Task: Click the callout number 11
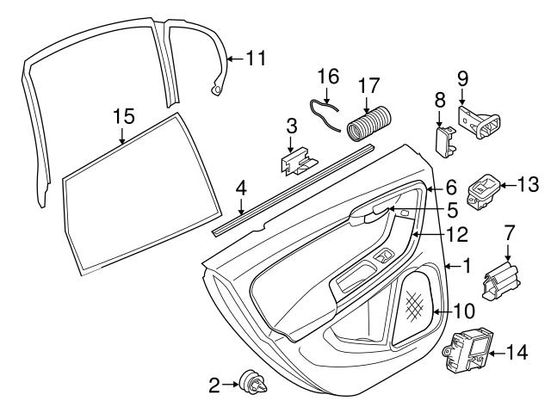click(x=256, y=59)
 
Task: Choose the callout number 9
click(x=463, y=77)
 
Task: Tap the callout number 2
click(x=211, y=383)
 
